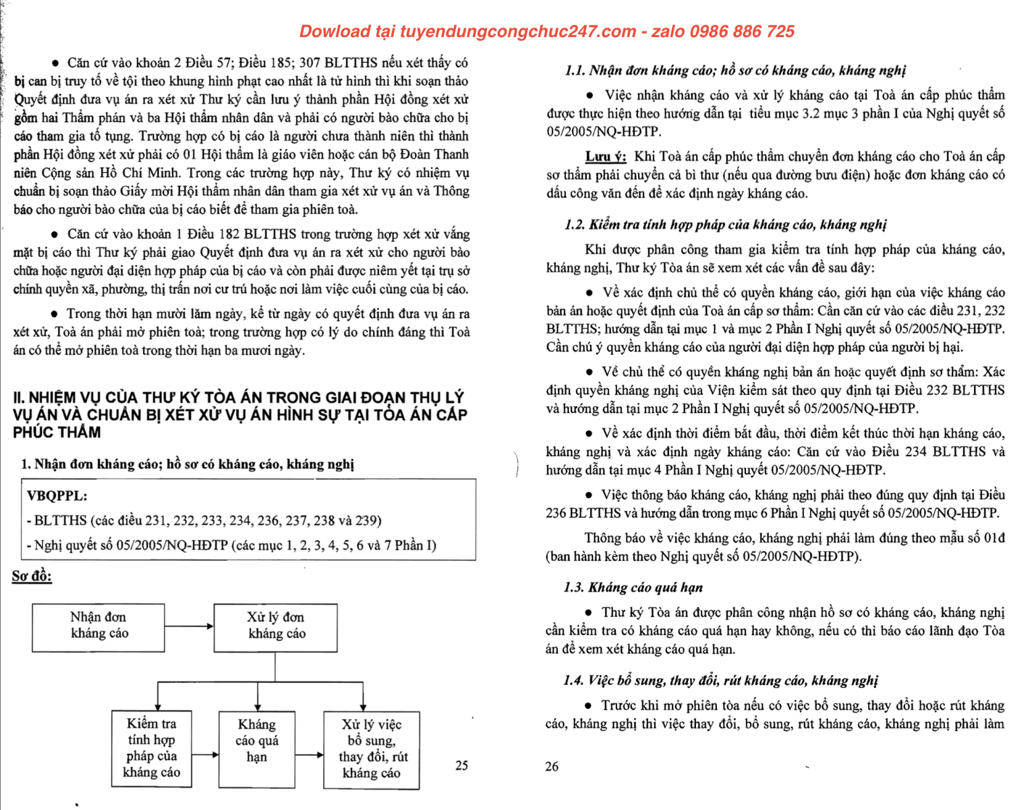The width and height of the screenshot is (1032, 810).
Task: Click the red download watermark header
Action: pos(546,32)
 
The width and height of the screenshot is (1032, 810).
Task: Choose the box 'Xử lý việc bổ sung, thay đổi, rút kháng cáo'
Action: pos(371,749)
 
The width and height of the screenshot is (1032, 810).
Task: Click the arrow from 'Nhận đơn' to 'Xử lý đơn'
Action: pos(190,626)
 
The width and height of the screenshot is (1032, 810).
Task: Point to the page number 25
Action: pos(461,765)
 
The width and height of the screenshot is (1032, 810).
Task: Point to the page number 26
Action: pos(552,766)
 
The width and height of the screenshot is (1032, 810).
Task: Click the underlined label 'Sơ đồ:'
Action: pos(32,576)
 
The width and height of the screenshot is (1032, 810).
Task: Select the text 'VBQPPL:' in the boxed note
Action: pos(57,496)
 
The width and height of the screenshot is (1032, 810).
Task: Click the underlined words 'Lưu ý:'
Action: pos(606,157)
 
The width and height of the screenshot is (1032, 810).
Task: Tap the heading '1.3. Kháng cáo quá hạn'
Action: pos(633,587)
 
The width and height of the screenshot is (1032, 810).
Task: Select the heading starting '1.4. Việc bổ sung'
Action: pos(720,680)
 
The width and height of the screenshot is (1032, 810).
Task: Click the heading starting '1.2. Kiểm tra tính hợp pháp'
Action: pos(725,225)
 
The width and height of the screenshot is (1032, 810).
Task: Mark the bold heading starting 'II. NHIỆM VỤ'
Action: pos(239,414)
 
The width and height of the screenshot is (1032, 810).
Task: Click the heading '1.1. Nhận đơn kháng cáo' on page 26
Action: pos(735,71)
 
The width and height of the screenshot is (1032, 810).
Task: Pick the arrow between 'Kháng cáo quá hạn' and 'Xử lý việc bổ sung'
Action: pos(310,755)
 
